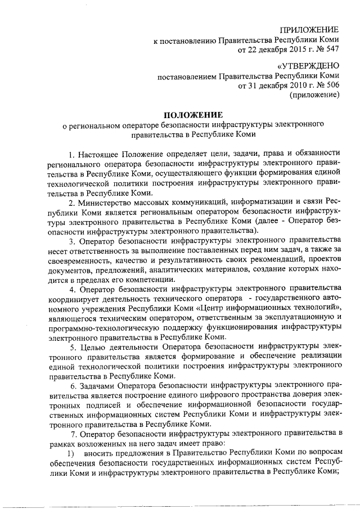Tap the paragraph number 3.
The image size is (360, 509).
point(71,242)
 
